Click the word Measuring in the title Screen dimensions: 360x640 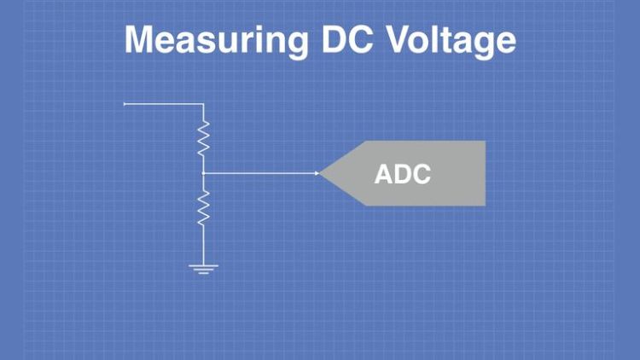click(x=216, y=40)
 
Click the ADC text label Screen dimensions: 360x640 click(x=403, y=175)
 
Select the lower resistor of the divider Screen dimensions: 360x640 click(x=203, y=207)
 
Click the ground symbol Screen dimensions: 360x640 click(x=203, y=270)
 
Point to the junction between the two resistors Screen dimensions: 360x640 click(x=203, y=173)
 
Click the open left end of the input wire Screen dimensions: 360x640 click(x=125, y=104)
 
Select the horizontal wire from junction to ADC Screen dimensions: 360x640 click(x=260, y=173)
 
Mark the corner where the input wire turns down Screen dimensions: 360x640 click(x=203, y=104)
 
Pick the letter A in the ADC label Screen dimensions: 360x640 click(x=384, y=175)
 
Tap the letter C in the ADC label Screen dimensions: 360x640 click(x=421, y=175)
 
